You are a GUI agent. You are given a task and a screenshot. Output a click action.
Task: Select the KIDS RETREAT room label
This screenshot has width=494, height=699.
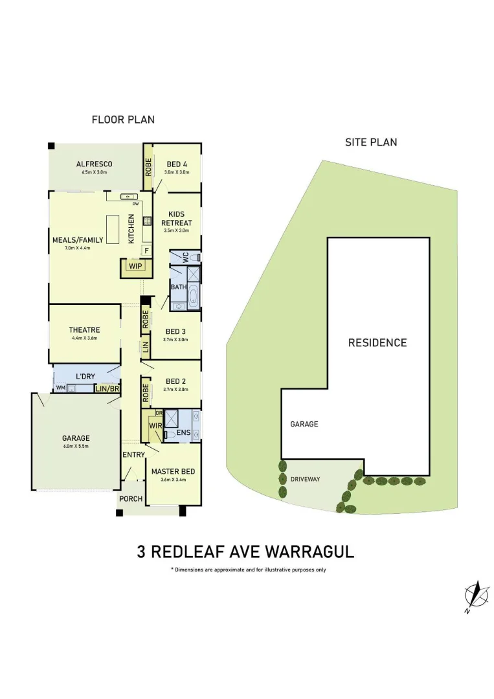[176, 218]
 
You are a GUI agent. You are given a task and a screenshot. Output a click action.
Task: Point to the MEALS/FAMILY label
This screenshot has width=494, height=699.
[78, 239]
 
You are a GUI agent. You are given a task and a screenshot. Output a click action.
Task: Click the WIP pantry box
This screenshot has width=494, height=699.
[135, 267]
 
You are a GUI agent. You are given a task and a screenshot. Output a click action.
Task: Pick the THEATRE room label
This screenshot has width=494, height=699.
[84, 330]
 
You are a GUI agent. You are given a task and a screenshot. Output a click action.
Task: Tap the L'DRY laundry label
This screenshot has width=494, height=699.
[85, 376]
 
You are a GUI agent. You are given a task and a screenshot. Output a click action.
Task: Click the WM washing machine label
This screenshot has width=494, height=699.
[61, 388]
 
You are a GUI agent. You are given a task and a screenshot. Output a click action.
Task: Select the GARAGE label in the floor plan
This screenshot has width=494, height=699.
[76, 438]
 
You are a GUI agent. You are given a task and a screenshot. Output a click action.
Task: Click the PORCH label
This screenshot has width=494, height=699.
[131, 499]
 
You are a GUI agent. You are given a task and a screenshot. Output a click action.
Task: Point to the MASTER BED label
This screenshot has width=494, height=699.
[173, 471]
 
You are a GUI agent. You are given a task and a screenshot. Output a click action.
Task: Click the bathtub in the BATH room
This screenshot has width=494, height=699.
[193, 297]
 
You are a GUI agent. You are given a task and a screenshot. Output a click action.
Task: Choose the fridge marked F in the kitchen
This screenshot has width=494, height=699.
[147, 250]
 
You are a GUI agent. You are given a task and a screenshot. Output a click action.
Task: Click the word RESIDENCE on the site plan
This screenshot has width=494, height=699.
[377, 342]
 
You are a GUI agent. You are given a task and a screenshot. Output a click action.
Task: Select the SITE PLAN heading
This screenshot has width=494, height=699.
[371, 142]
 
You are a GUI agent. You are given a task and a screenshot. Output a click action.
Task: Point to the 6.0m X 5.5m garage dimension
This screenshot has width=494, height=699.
[76, 447]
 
